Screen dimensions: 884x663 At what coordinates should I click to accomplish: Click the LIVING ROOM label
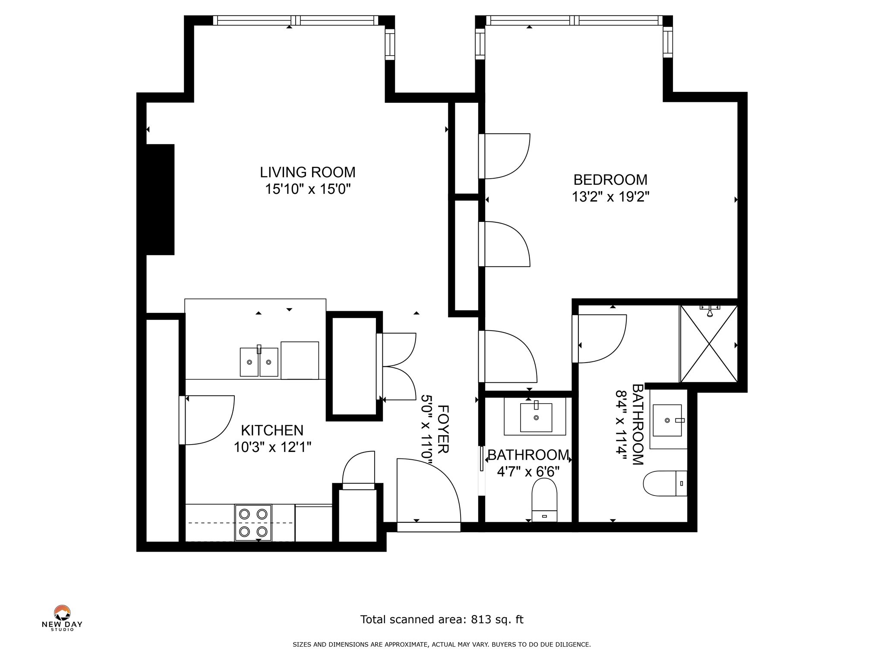pyautogui.click(x=307, y=172)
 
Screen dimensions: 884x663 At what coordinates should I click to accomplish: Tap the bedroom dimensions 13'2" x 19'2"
pyautogui.click(x=610, y=197)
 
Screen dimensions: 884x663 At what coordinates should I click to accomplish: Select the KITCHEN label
pyautogui.click(x=272, y=430)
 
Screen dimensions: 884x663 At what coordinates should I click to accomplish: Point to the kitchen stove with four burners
pyautogui.click(x=253, y=522)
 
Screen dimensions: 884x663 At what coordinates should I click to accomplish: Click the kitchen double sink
pyautogui.click(x=259, y=361)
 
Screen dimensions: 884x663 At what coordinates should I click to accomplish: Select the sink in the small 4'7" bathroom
pyautogui.click(x=536, y=417)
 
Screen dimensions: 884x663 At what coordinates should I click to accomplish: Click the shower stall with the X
pyautogui.click(x=709, y=344)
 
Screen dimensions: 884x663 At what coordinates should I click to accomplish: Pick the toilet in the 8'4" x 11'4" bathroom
pyautogui.click(x=665, y=483)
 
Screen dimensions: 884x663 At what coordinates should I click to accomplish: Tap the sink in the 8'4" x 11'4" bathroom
pyautogui.click(x=668, y=420)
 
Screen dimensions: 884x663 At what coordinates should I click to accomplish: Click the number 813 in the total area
pyautogui.click(x=482, y=619)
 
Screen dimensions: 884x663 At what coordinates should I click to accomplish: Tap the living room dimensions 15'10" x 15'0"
pyautogui.click(x=307, y=189)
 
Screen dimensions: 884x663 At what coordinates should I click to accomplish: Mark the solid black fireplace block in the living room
pyautogui.click(x=160, y=199)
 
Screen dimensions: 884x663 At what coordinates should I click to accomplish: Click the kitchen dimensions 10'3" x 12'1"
pyautogui.click(x=272, y=447)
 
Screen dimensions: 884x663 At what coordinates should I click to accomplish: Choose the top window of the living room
pyautogui.click(x=295, y=20)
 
